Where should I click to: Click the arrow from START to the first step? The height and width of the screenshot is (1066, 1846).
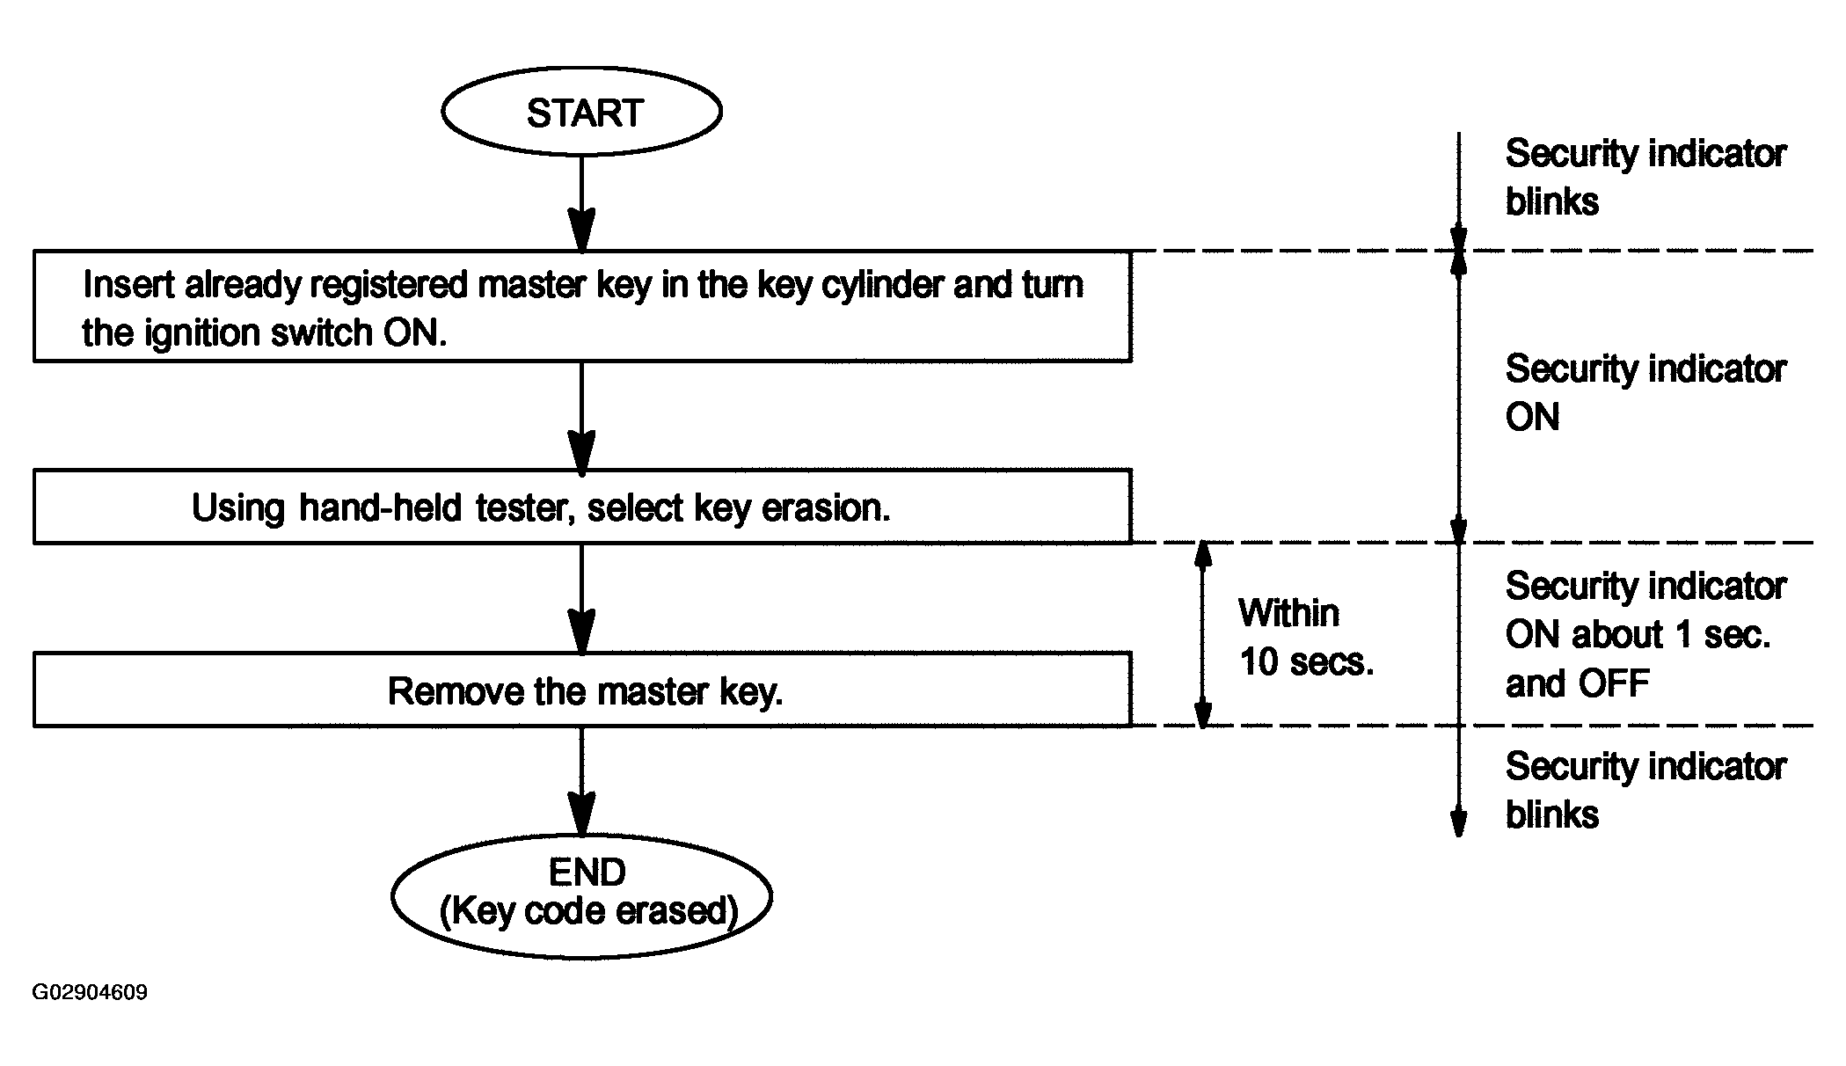click(581, 205)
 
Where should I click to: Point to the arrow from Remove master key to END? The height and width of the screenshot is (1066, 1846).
click(581, 780)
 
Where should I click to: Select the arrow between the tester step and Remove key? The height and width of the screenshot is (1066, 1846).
click(581, 598)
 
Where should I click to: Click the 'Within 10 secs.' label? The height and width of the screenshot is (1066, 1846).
click(1306, 637)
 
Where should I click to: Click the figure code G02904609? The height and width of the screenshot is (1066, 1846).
click(91, 992)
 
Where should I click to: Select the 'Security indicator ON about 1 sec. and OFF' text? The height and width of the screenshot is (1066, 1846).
click(1645, 634)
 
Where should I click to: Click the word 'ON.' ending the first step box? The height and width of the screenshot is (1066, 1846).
click(415, 333)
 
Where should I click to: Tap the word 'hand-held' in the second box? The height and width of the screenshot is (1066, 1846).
click(380, 507)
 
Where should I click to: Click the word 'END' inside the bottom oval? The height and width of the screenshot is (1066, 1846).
click(587, 873)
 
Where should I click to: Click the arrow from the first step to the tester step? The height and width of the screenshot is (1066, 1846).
click(581, 416)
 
